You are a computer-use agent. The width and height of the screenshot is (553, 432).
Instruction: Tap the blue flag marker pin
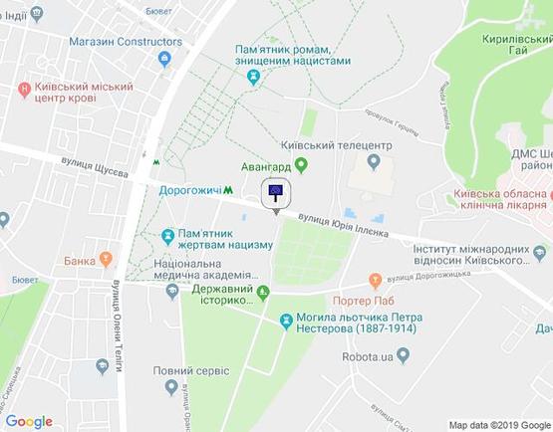pyautogui.click(x=276, y=194)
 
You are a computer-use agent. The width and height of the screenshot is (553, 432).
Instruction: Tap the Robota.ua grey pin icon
pyautogui.click(x=403, y=353)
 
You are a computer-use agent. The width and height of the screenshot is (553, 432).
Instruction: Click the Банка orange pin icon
pyautogui.click(x=103, y=260)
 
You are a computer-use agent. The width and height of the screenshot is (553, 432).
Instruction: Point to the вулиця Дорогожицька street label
pyautogui.click(x=432, y=280)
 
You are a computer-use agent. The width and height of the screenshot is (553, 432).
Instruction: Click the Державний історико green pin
pyautogui.click(x=263, y=292)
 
